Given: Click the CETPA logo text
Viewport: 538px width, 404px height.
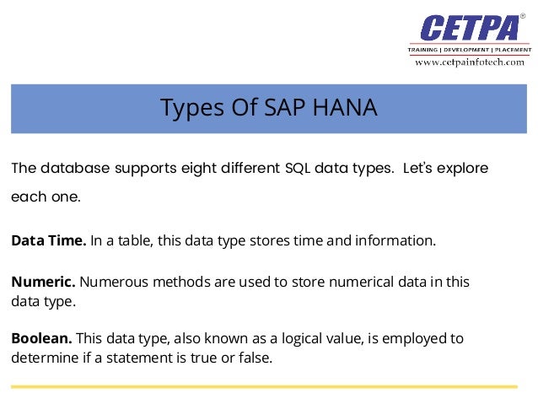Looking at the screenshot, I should [469, 27].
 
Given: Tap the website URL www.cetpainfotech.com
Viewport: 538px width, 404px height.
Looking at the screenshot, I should [469, 62].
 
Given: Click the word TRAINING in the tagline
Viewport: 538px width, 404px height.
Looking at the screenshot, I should [427, 50].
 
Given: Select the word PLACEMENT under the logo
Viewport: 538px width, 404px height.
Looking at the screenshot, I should [508, 50].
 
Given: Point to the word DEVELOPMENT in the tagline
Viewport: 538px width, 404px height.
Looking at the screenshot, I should [466, 50].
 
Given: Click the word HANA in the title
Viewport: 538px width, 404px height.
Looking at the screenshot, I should [344, 109].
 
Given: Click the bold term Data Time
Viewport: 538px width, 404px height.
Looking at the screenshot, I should [48, 241].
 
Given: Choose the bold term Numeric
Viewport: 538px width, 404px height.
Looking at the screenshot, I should [43, 281].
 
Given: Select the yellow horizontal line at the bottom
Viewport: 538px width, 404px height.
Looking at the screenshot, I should [264, 387].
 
